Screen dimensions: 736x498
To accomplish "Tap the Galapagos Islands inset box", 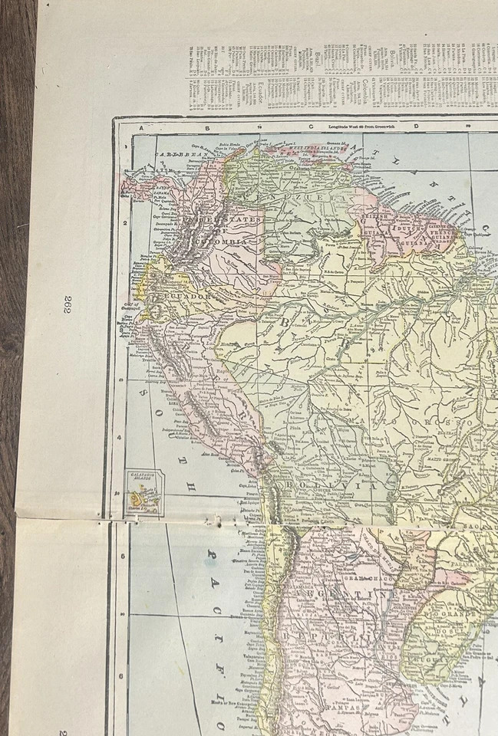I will point(143,492).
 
